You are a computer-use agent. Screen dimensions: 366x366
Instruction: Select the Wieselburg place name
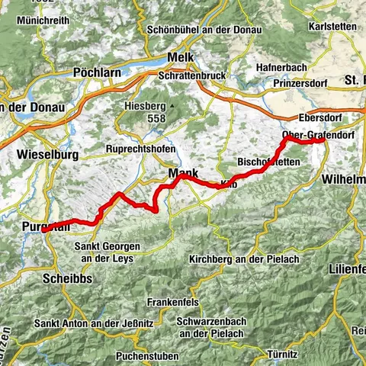pyautogui.click(x=47, y=154)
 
